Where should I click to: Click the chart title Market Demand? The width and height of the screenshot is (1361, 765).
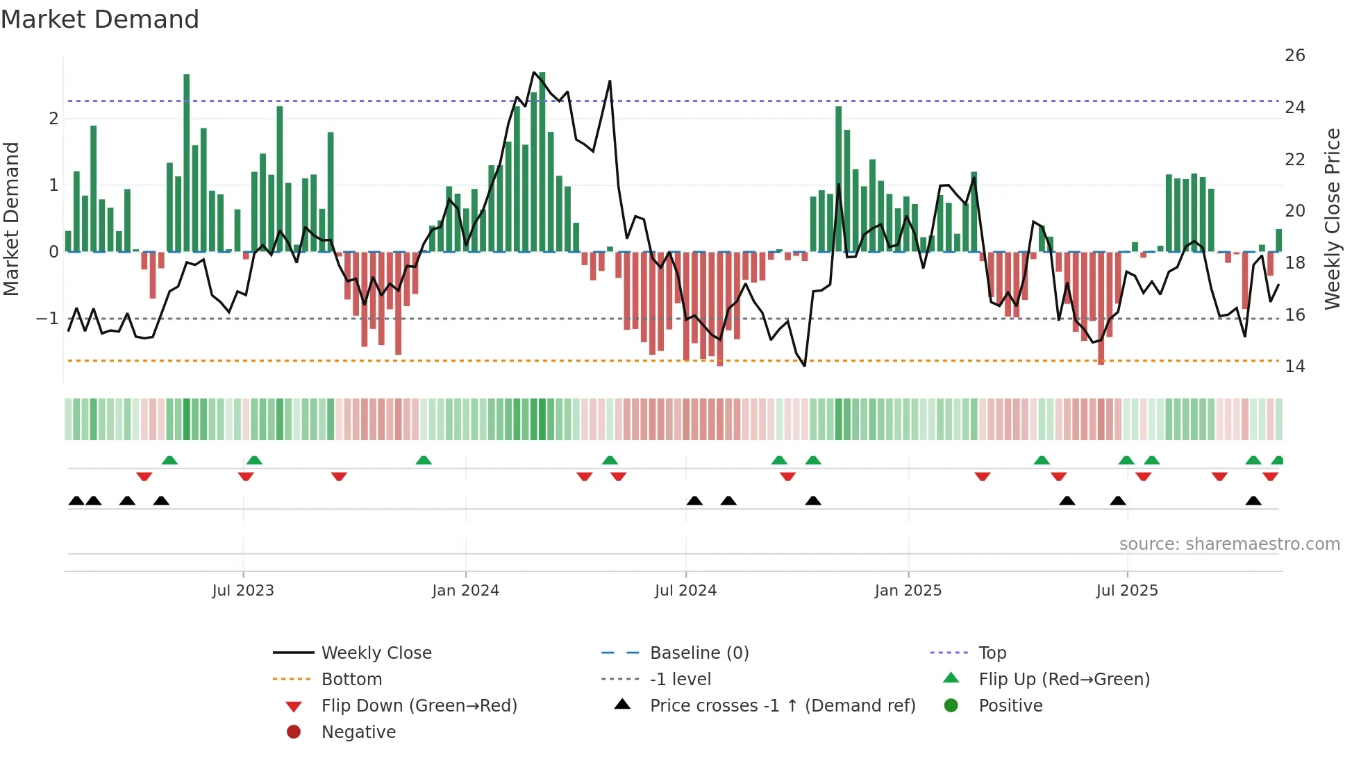(x=100, y=19)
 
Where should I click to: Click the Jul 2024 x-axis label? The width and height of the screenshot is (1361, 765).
(x=685, y=591)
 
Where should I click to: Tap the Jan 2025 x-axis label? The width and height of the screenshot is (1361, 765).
(x=908, y=591)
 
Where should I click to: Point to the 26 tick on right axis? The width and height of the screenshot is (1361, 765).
(x=1294, y=56)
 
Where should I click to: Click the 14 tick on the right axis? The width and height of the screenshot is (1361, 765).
(x=1294, y=367)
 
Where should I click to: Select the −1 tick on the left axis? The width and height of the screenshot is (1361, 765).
(x=47, y=319)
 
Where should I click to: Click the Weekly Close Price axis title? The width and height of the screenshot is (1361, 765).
(x=1332, y=219)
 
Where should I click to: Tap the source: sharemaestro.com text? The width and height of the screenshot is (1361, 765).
(x=1229, y=544)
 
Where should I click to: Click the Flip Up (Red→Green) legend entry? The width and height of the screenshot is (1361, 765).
(x=1064, y=680)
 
